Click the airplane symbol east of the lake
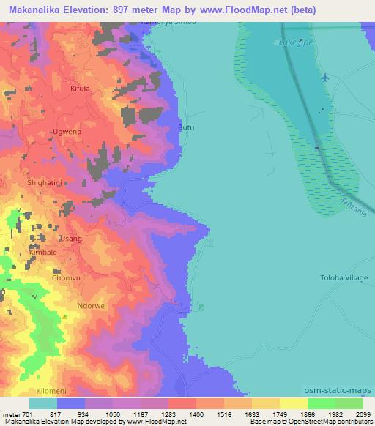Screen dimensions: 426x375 click(x=326, y=77)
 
